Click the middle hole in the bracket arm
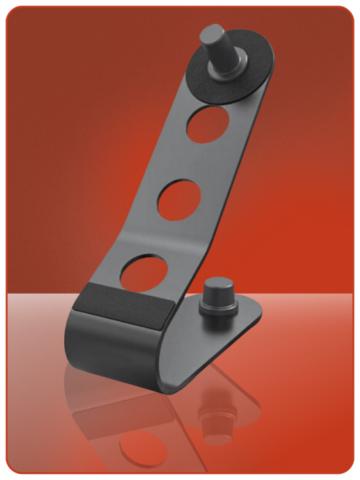tap(180, 199)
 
